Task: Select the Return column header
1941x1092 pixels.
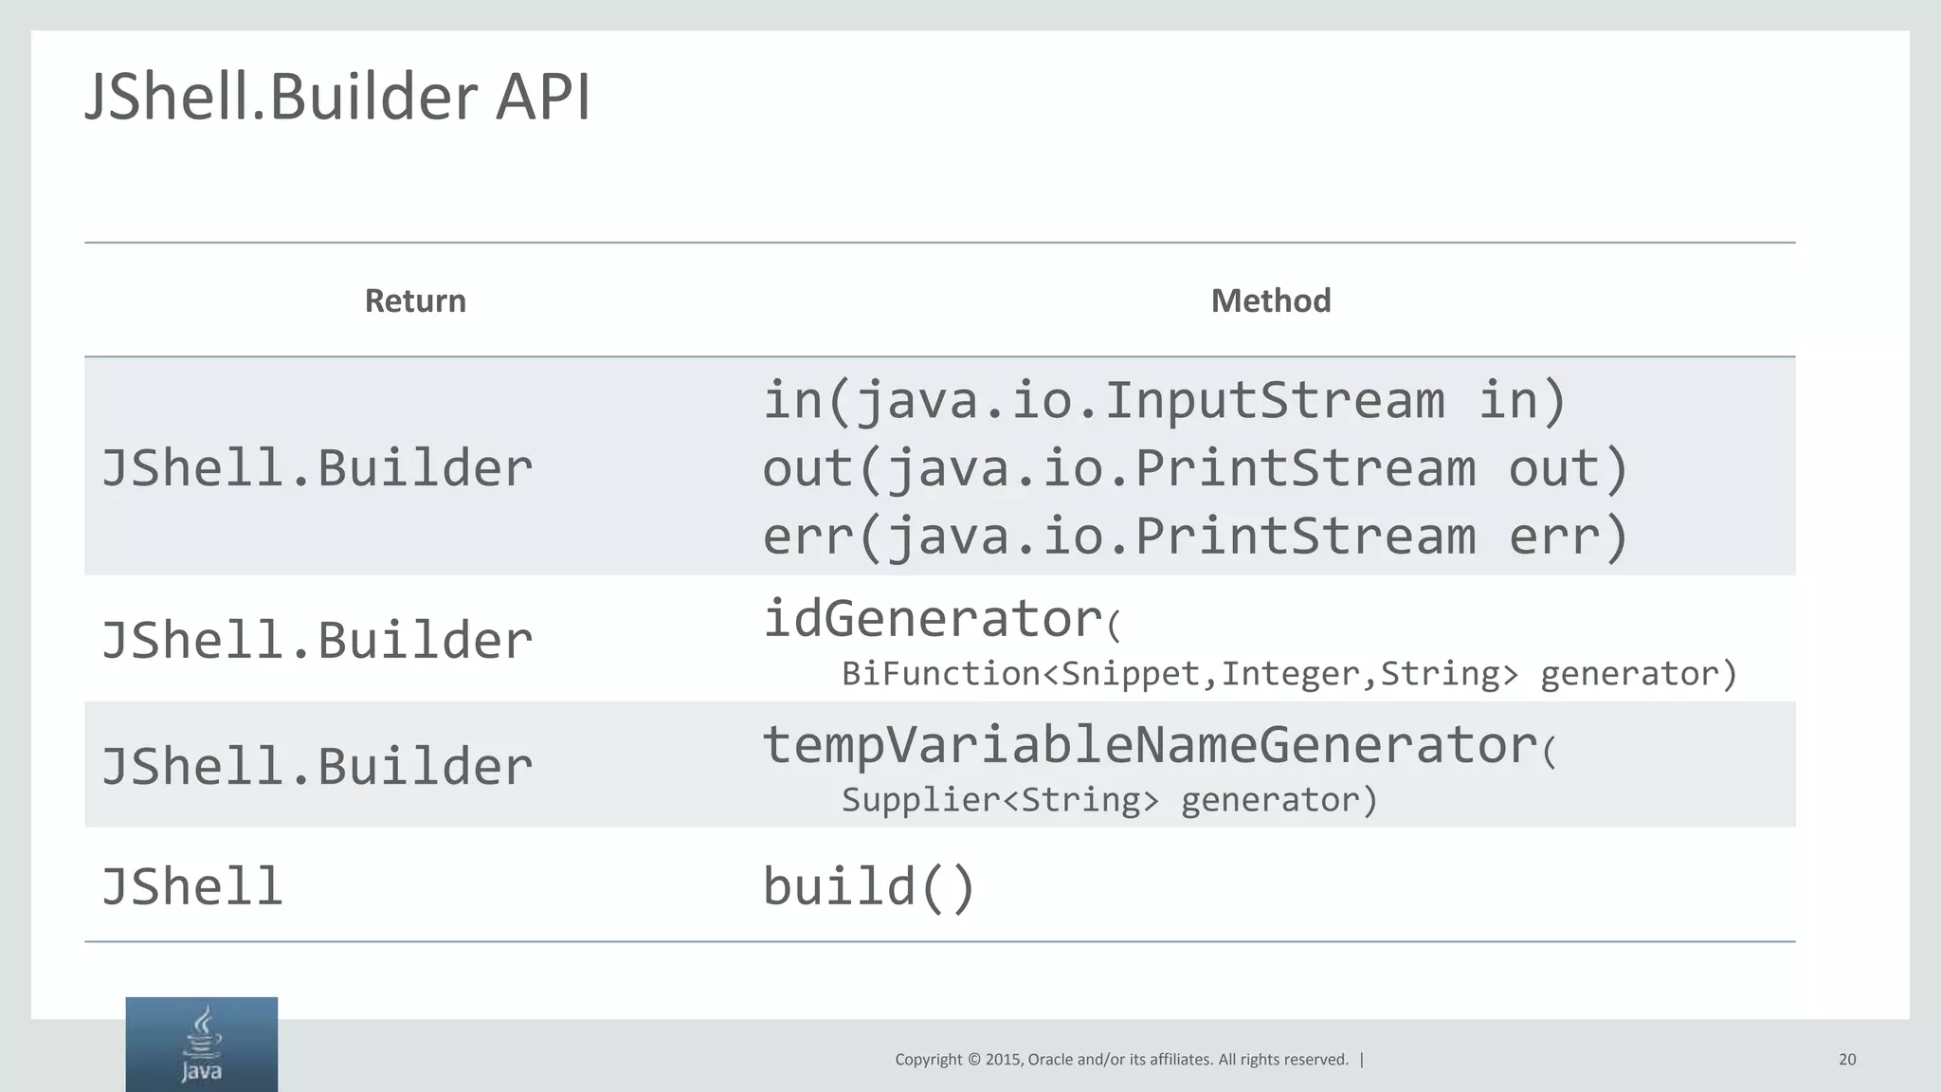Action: click(415, 300)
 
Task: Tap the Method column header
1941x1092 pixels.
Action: click(1271, 300)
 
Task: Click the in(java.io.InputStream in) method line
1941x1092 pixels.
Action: click(1165, 399)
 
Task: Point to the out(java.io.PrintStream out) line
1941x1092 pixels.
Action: click(1195, 468)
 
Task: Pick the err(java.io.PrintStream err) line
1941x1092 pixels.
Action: click(1195, 537)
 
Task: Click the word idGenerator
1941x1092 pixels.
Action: click(933, 619)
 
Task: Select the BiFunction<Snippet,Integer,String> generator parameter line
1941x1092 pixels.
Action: click(1289, 674)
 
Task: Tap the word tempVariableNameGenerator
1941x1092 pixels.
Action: click(1150, 744)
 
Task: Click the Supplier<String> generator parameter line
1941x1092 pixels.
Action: click(1109, 800)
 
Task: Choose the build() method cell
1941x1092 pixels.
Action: click(869, 887)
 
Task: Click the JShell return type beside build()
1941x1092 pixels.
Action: click(192, 887)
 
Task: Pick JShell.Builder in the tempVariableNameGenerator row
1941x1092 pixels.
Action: click(317, 766)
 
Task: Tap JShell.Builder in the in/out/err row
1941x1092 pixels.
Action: click(317, 468)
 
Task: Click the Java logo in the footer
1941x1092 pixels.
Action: click(202, 1045)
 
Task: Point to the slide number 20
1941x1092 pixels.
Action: click(1847, 1060)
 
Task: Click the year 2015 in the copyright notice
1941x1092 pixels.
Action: click(1003, 1060)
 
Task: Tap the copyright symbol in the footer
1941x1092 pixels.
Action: click(973, 1060)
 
